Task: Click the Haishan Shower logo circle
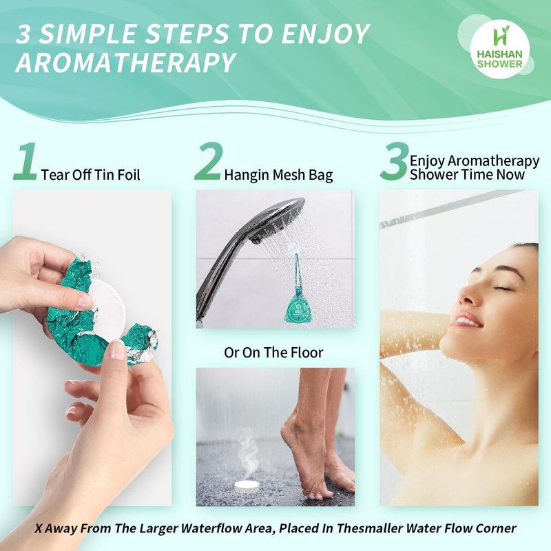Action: [x=500, y=48]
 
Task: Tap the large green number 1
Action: [x=25, y=162]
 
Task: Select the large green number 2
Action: [x=207, y=162]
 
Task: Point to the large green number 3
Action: [x=395, y=162]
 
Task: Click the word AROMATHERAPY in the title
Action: [x=125, y=63]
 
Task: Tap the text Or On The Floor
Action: [x=273, y=353]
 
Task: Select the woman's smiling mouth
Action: [x=467, y=320]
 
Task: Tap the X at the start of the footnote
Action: [x=39, y=528]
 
